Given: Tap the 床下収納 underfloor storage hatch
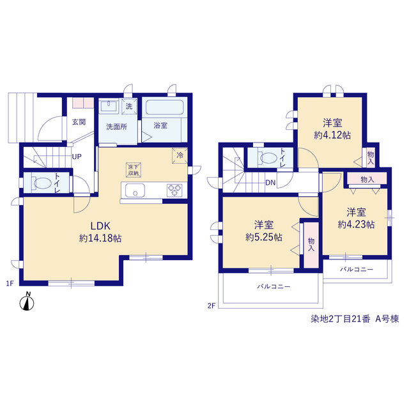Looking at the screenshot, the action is [x=134, y=170].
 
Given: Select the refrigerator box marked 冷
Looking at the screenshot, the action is [x=180, y=156].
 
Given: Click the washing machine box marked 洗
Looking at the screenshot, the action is [x=129, y=106].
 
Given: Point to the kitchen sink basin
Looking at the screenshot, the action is [x=135, y=190].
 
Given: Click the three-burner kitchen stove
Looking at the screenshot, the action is [x=174, y=190].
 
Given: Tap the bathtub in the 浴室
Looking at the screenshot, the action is [x=164, y=107].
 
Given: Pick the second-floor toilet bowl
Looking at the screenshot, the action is [x=267, y=158].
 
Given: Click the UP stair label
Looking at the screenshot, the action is [x=77, y=157].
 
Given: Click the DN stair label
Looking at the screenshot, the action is [x=270, y=183].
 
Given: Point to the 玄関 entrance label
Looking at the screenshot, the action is [x=79, y=122].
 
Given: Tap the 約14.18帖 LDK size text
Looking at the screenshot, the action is [x=100, y=238].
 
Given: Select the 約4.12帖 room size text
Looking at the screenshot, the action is [x=332, y=135].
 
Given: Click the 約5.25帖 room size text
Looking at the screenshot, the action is [x=264, y=237].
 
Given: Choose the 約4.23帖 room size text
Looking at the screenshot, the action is [x=357, y=224].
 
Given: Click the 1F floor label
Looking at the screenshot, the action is [x=10, y=283].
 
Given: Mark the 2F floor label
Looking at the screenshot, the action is [x=212, y=305].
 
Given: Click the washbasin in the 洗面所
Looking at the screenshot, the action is [x=109, y=106].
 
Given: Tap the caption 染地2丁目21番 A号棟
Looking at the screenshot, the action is [x=355, y=319].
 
